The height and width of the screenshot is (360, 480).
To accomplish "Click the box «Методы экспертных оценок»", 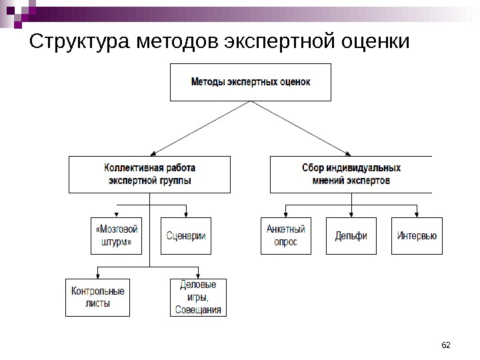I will [x=251, y=82].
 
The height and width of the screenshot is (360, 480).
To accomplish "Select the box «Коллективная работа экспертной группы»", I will [x=149, y=174].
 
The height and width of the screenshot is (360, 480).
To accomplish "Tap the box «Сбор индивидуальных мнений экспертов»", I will [x=351, y=174].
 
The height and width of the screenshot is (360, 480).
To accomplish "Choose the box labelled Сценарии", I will [x=185, y=236].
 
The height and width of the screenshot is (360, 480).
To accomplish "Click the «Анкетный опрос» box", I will [x=285, y=236].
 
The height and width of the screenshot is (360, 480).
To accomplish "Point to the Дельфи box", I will [x=351, y=236].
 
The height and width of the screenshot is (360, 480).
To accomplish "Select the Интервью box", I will [x=417, y=236].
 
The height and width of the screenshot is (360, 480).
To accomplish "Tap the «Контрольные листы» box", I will [x=97, y=297].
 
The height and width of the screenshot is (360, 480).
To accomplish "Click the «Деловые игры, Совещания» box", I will [x=198, y=297].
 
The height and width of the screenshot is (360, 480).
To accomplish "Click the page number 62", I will [x=447, y=345].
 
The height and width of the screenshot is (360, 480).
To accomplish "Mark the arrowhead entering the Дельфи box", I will [x=351, y=214].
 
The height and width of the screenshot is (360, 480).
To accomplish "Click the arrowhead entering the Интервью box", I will [x=417, y=214].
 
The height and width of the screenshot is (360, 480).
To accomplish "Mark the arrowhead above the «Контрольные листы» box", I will [x=97, y=275].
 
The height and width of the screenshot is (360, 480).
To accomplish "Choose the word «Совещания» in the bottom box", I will [x=198, y=309].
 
